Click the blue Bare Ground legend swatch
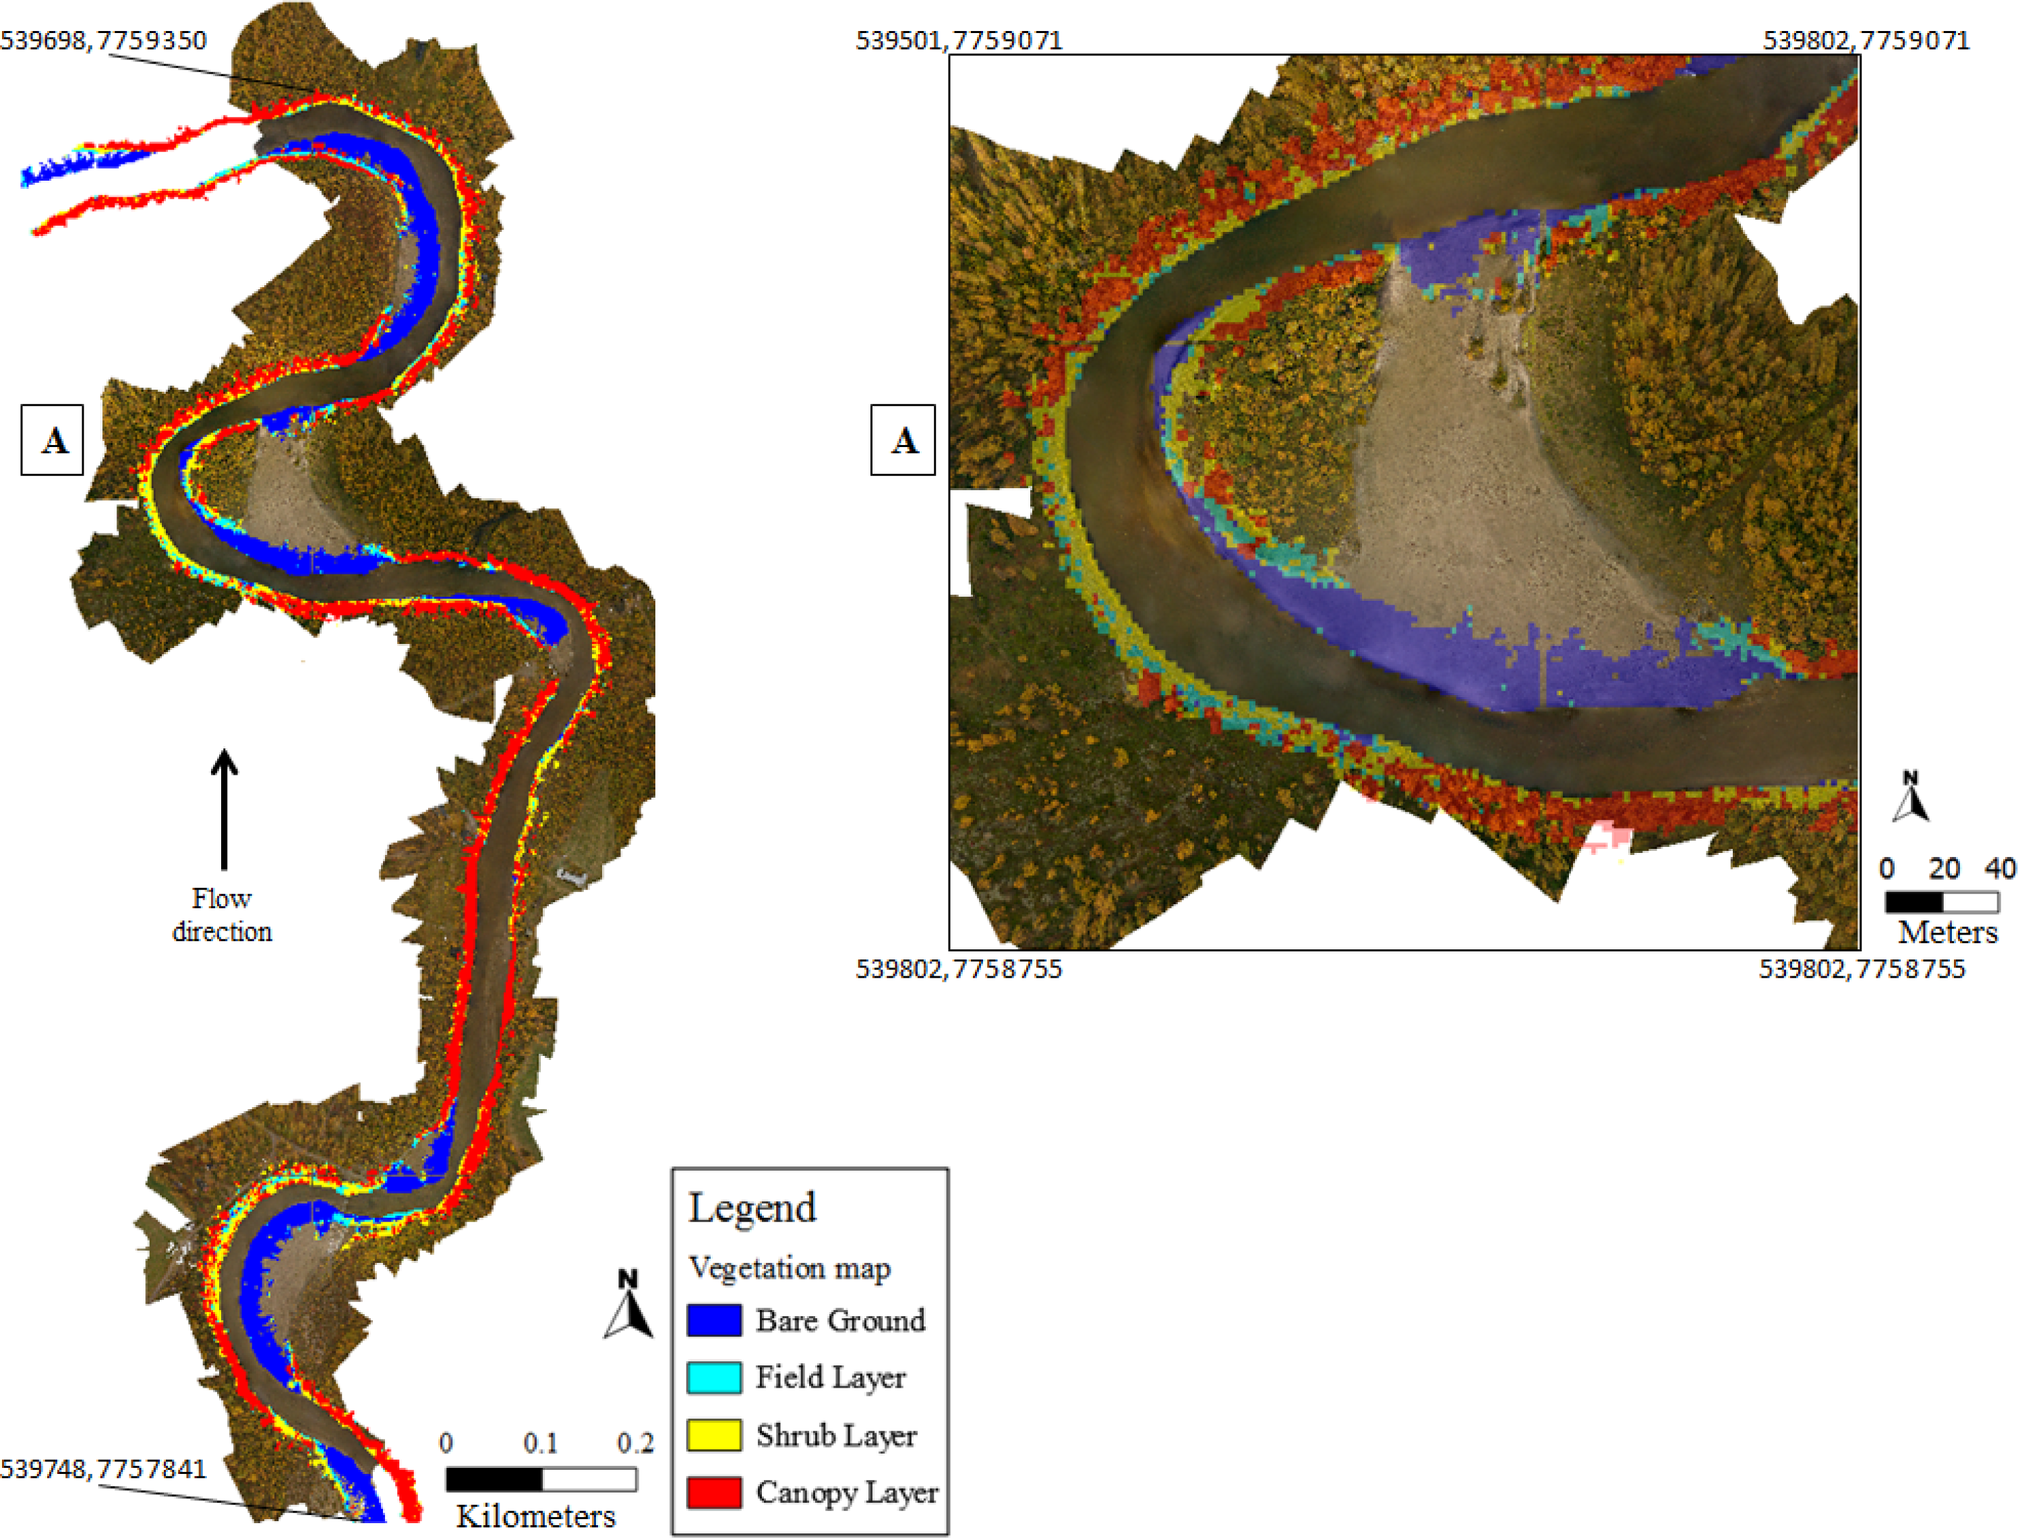714,1320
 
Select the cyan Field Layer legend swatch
714,1378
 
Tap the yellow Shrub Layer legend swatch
714,1435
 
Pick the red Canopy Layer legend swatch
714,1492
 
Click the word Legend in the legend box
751,1208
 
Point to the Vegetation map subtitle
789,1268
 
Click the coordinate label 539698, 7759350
103,40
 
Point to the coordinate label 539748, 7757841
103,1469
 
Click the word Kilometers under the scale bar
535,1516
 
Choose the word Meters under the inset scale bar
1947,932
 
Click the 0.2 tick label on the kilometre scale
635,1444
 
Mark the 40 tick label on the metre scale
2000,868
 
